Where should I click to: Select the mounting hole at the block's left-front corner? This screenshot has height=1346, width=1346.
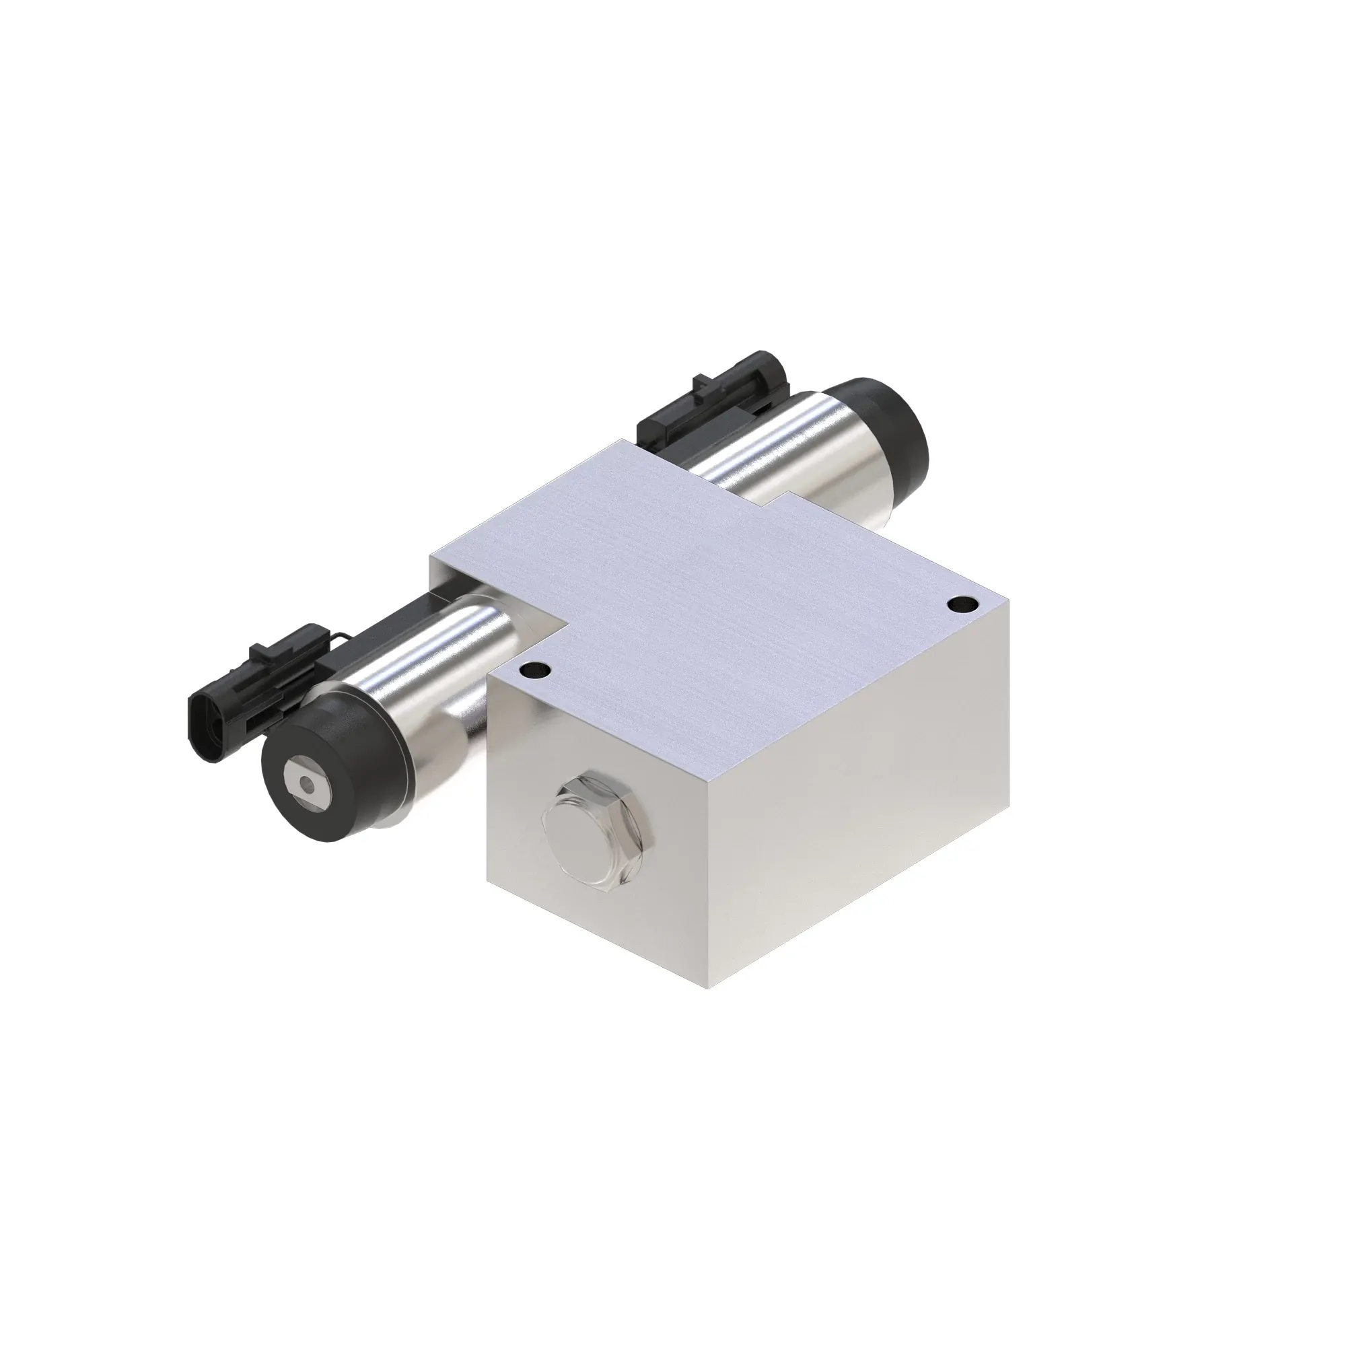[535, 672]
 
